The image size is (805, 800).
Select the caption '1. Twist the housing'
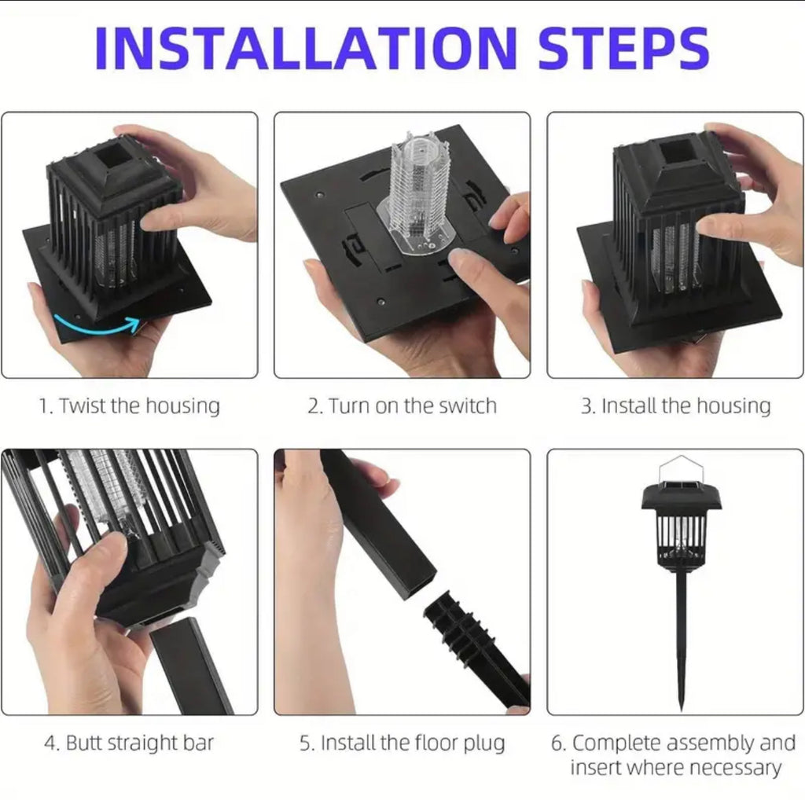click(130, 406)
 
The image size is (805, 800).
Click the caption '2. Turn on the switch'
click(402, 406)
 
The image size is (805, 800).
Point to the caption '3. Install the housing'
click(675, 406)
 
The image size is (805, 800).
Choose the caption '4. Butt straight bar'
click(129, 743)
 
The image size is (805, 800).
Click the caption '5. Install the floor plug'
click(402, 743)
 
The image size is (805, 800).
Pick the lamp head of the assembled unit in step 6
click(681, 523)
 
